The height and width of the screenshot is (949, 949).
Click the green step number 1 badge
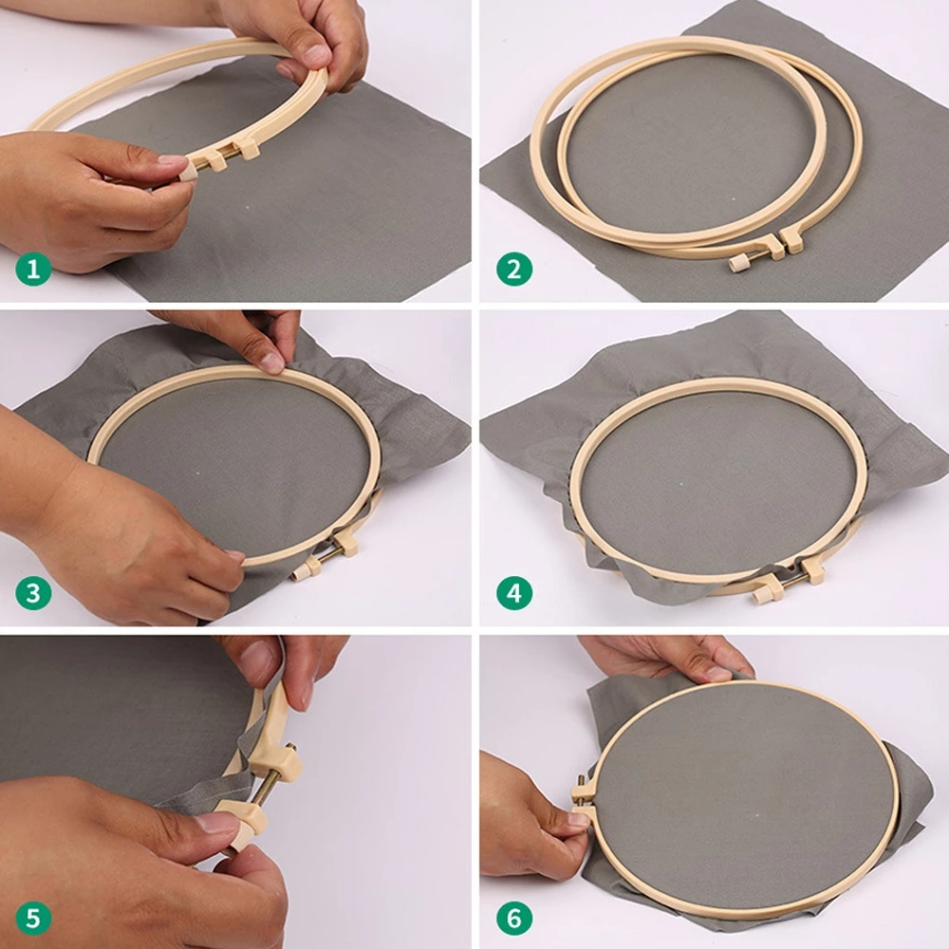click(33, 270)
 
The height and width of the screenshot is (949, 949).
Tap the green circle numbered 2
click(514, 270)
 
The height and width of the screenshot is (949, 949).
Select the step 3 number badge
click(33, 594)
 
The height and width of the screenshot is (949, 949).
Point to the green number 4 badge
click(514, 594)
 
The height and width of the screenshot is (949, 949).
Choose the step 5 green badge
click(33, 918)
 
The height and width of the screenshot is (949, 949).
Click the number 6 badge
click(514, 918)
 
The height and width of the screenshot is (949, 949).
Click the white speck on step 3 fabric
click(198, 472)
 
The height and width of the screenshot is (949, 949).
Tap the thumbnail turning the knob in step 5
click(219, 822)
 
